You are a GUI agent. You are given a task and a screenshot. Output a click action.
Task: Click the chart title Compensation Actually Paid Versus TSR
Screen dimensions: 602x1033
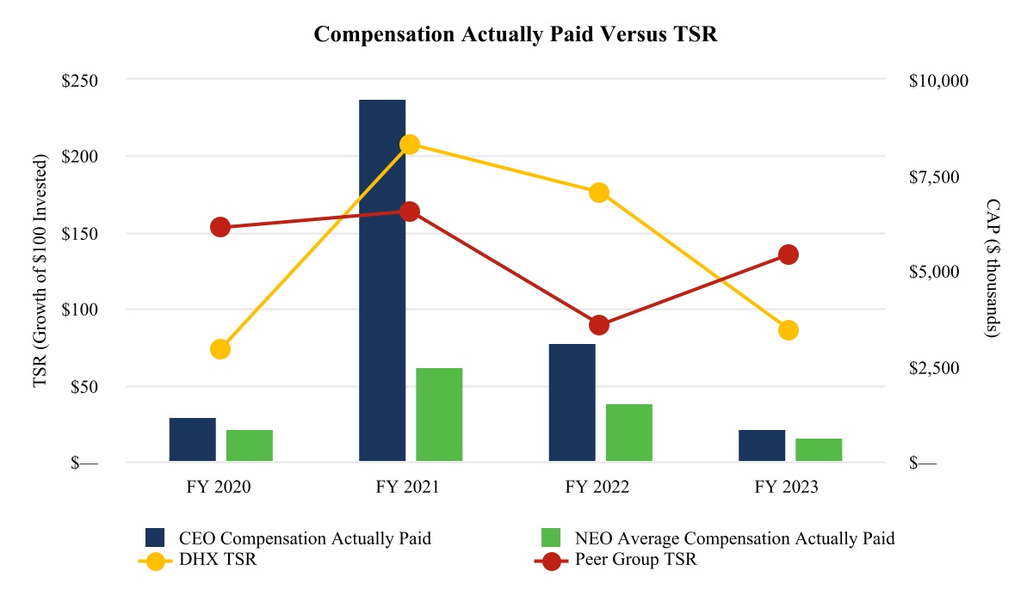pos(516,34)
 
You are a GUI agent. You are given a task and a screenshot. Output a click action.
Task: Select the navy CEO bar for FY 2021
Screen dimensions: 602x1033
pos(382,280)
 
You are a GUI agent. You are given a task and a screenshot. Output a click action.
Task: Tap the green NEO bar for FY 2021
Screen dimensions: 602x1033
pos(439,415)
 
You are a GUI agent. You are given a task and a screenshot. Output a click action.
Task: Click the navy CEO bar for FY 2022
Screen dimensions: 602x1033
pos(572,402)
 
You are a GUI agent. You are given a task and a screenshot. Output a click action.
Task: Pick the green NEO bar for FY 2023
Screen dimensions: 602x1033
pos(819,450)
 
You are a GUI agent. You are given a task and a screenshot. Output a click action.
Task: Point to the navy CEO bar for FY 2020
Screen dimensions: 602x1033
pos(193,439)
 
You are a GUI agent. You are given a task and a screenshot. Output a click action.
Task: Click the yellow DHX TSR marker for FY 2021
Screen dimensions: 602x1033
pos(410,144)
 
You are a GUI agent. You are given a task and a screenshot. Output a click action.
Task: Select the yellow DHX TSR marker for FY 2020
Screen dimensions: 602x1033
pos(220,349)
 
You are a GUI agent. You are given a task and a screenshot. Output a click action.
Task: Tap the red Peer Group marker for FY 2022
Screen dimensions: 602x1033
pos(599,325)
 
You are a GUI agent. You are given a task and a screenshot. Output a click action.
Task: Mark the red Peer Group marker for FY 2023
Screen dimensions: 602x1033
pos(789,255)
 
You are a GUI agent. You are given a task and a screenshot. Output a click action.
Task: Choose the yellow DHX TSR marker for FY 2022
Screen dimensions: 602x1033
pos(599,193)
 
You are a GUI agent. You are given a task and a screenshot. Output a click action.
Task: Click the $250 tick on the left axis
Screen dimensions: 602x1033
pos(79,80)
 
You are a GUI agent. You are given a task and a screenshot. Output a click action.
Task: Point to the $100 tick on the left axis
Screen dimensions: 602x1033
pos(79,310)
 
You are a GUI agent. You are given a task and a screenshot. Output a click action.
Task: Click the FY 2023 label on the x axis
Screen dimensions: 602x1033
pos(787,487)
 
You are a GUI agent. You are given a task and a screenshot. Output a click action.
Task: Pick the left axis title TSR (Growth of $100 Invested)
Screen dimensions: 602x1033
pos(40,272)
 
